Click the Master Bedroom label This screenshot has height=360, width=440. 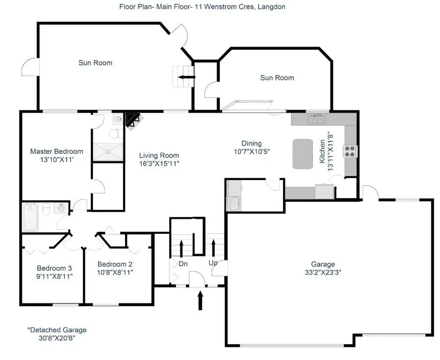click(57, 151)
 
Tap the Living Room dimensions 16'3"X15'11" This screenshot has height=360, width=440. click(159, 164)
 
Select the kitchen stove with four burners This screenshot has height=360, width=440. click(350, 151)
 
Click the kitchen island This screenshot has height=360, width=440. click(303, 154)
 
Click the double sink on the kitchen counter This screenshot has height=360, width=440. click(317, 119)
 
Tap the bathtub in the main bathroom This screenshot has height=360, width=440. click(30, 217)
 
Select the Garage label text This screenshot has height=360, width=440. click(323, 264)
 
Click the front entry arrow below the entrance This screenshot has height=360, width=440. click(200, 300)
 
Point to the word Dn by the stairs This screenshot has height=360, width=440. click(183, 264)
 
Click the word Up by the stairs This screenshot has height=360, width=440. click(213, 263)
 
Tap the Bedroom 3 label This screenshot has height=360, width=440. click(54, 268)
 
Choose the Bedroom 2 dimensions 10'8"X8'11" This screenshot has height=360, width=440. click(115, 272)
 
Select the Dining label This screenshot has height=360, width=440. click(252, 143)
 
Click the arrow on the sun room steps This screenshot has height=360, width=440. click(186, 77)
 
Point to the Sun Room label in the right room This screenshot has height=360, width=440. click(277, 78)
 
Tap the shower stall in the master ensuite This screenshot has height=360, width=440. click(108, 152)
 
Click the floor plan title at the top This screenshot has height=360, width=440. click(202, 7)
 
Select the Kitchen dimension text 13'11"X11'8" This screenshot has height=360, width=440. click(330, 151)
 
